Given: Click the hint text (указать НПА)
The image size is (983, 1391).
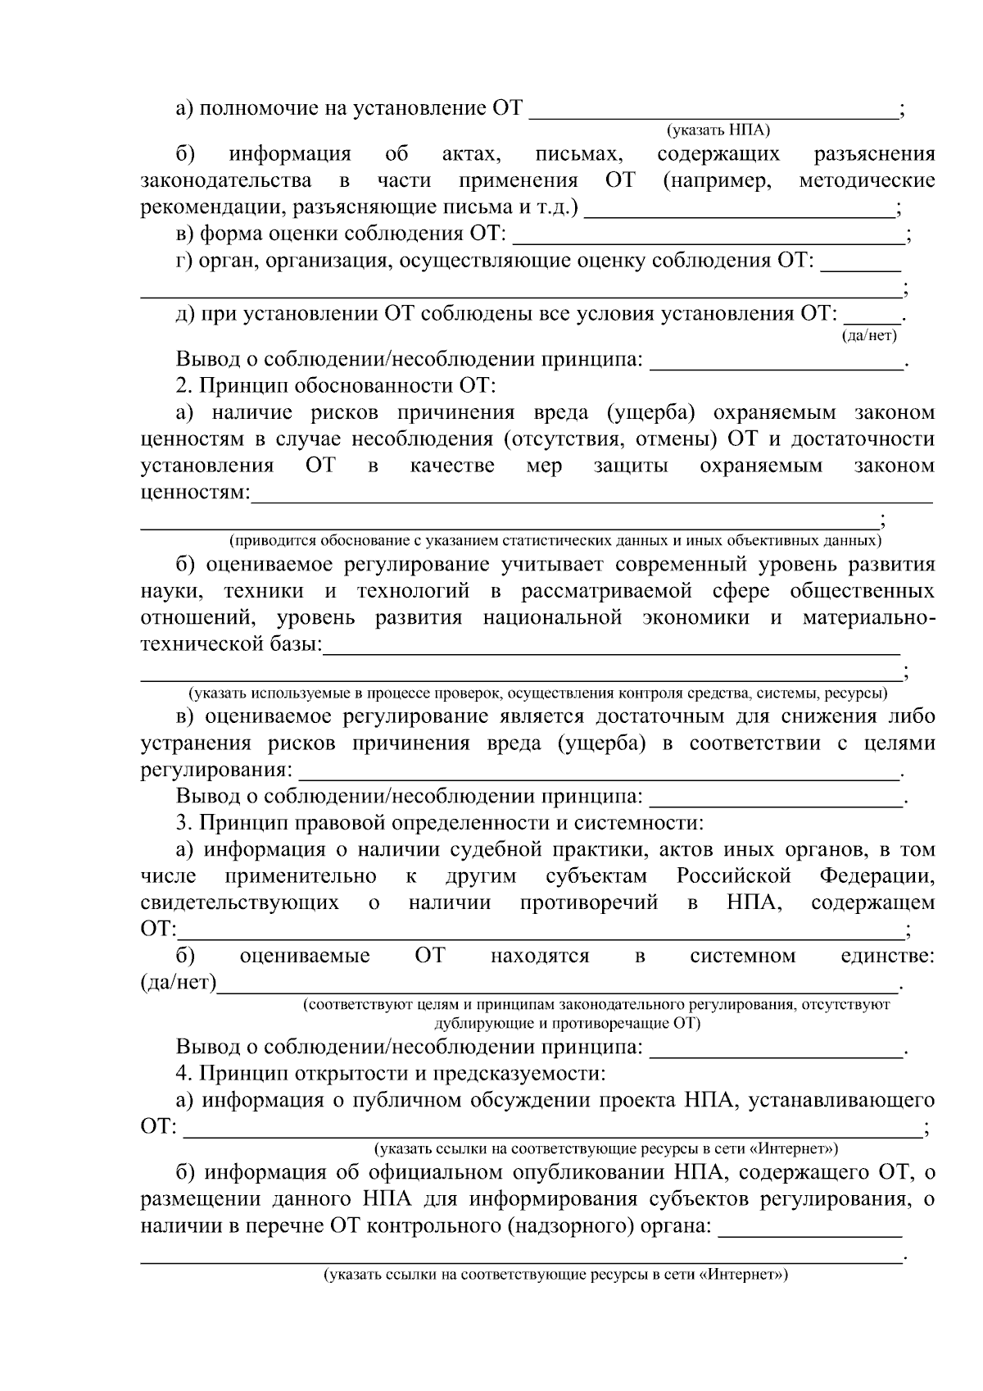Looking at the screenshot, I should pyautogui.click(x=718, y=130).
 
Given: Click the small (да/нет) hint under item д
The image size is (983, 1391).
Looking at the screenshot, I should pyautogui.click(x=870, y=334).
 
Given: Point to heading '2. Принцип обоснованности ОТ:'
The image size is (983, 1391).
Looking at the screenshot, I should pyautogui.click(x=337, y=385).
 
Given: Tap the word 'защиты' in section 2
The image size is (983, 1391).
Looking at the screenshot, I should pyautogui.click(x=631, y=466).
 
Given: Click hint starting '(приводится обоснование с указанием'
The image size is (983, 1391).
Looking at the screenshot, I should pyautogui.click(x=555, y=541).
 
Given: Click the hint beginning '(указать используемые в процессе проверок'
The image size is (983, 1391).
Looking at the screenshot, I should pyautogui.click(x=538, y=693).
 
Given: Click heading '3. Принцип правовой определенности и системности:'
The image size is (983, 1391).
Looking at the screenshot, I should pyautogui.click(x=440, y=823).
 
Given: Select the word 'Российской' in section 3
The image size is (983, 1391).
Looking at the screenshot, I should pyautogui.click(x=733, y=876).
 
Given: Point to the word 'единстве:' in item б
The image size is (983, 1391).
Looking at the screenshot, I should pyautogui.click(x=888, y=956).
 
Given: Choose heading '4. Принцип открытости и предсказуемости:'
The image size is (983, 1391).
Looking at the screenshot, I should pyautogui.click(x=391, y=1073).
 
